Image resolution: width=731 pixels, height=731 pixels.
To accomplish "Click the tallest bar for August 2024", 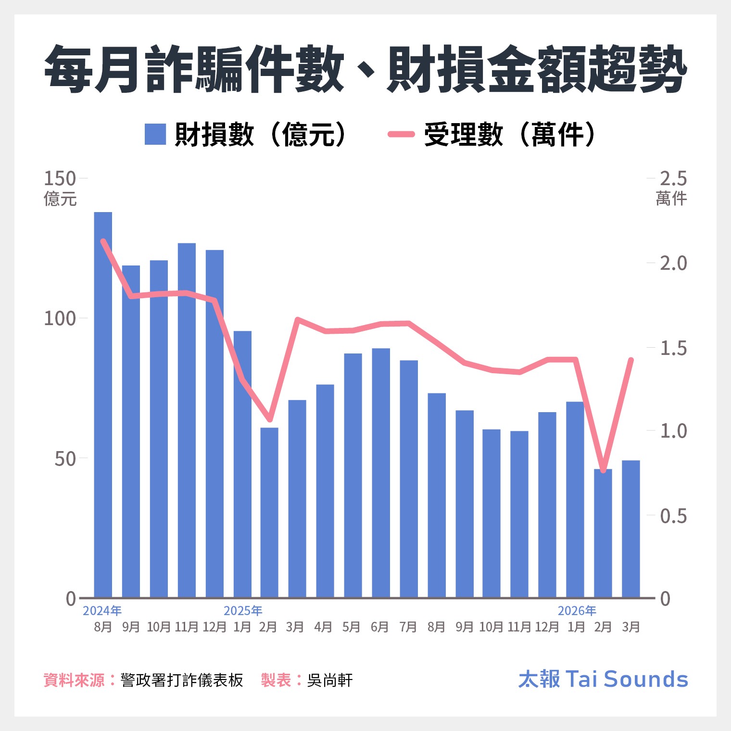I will click(x=103, y=404).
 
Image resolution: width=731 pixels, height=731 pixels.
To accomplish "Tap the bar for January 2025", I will click(x=242, y=464).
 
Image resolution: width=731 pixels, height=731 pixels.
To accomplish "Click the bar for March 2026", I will click(x=631, y=529).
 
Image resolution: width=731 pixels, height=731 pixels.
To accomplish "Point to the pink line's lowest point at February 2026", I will click(x=603, y=470).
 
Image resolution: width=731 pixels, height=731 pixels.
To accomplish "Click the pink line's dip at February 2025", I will click(x=270, y=419).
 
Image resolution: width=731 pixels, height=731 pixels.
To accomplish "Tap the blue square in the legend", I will click(x=155, y=134).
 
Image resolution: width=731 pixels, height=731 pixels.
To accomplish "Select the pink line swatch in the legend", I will click(x=401, y=134).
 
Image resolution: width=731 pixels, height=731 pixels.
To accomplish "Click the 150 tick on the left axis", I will click(x=60, y=178).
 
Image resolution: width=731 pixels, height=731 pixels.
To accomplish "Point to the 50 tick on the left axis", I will click(x=65, y=459).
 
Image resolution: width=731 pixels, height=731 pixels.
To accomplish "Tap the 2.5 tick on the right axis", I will click(x=673, y=178).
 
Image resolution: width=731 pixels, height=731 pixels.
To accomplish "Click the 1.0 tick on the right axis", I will click(x=673, y=431).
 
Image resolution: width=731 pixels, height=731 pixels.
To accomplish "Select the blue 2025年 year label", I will click(x=243, y=611).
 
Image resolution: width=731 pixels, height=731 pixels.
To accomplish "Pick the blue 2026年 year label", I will click(x=577, y=611).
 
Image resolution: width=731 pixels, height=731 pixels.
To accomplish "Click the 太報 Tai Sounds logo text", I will click(x=603, y=679).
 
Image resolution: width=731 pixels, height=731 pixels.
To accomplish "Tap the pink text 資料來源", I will click(x=74, y=680).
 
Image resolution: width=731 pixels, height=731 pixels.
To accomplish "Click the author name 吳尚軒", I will click(x=330, y=680).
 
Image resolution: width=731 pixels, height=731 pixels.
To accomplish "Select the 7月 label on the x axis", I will click(x=408, y=627).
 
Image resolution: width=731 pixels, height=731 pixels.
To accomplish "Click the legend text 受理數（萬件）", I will click(x=510, y=134).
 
